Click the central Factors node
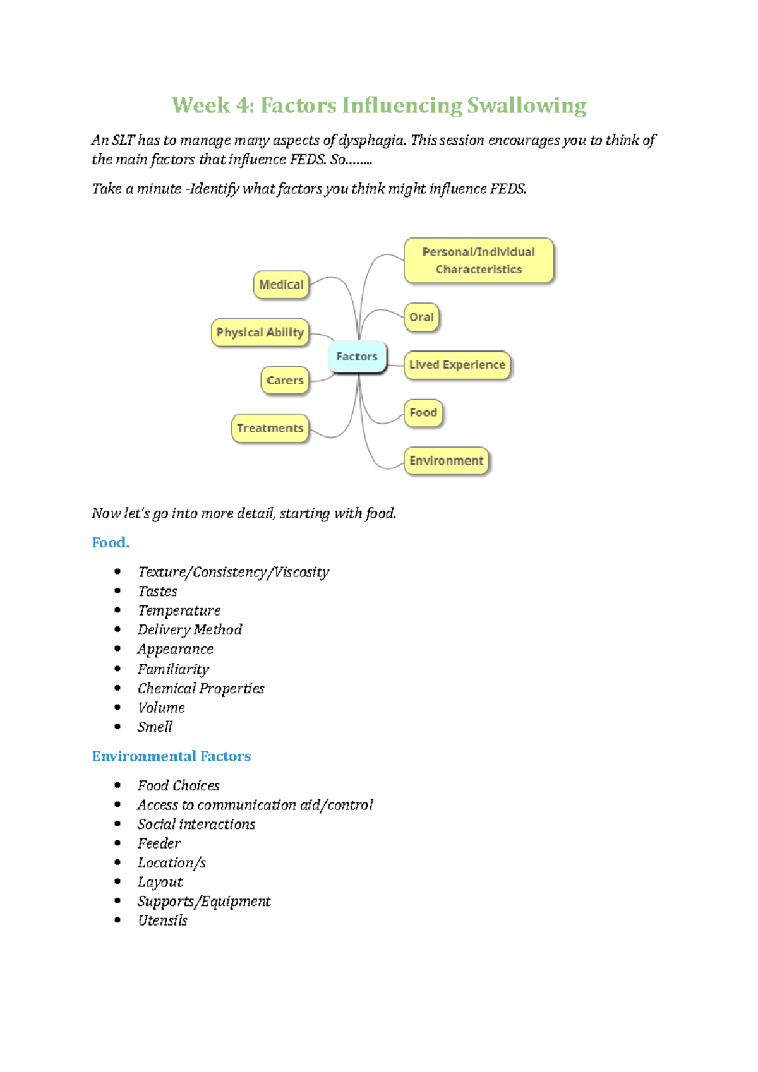click(357, 357)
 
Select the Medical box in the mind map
click(281, 285)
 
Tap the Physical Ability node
click(260, 333)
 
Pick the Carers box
click(285, 381)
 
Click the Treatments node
click(270, 428)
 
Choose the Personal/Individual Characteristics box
click(479, 261)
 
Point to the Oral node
click(421, 317)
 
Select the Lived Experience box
click(457, 365)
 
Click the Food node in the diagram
click(423, 413)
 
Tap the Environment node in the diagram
click(446, 461)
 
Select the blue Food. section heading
click(111, 543)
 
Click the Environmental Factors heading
click(171, 756)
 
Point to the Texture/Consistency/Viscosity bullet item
click(233, 572)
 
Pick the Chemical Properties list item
click(201, 688)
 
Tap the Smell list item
click(155, 727)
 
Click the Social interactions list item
click(196, 824)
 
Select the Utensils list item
click(162, 920)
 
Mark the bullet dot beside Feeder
click(117, 843)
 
